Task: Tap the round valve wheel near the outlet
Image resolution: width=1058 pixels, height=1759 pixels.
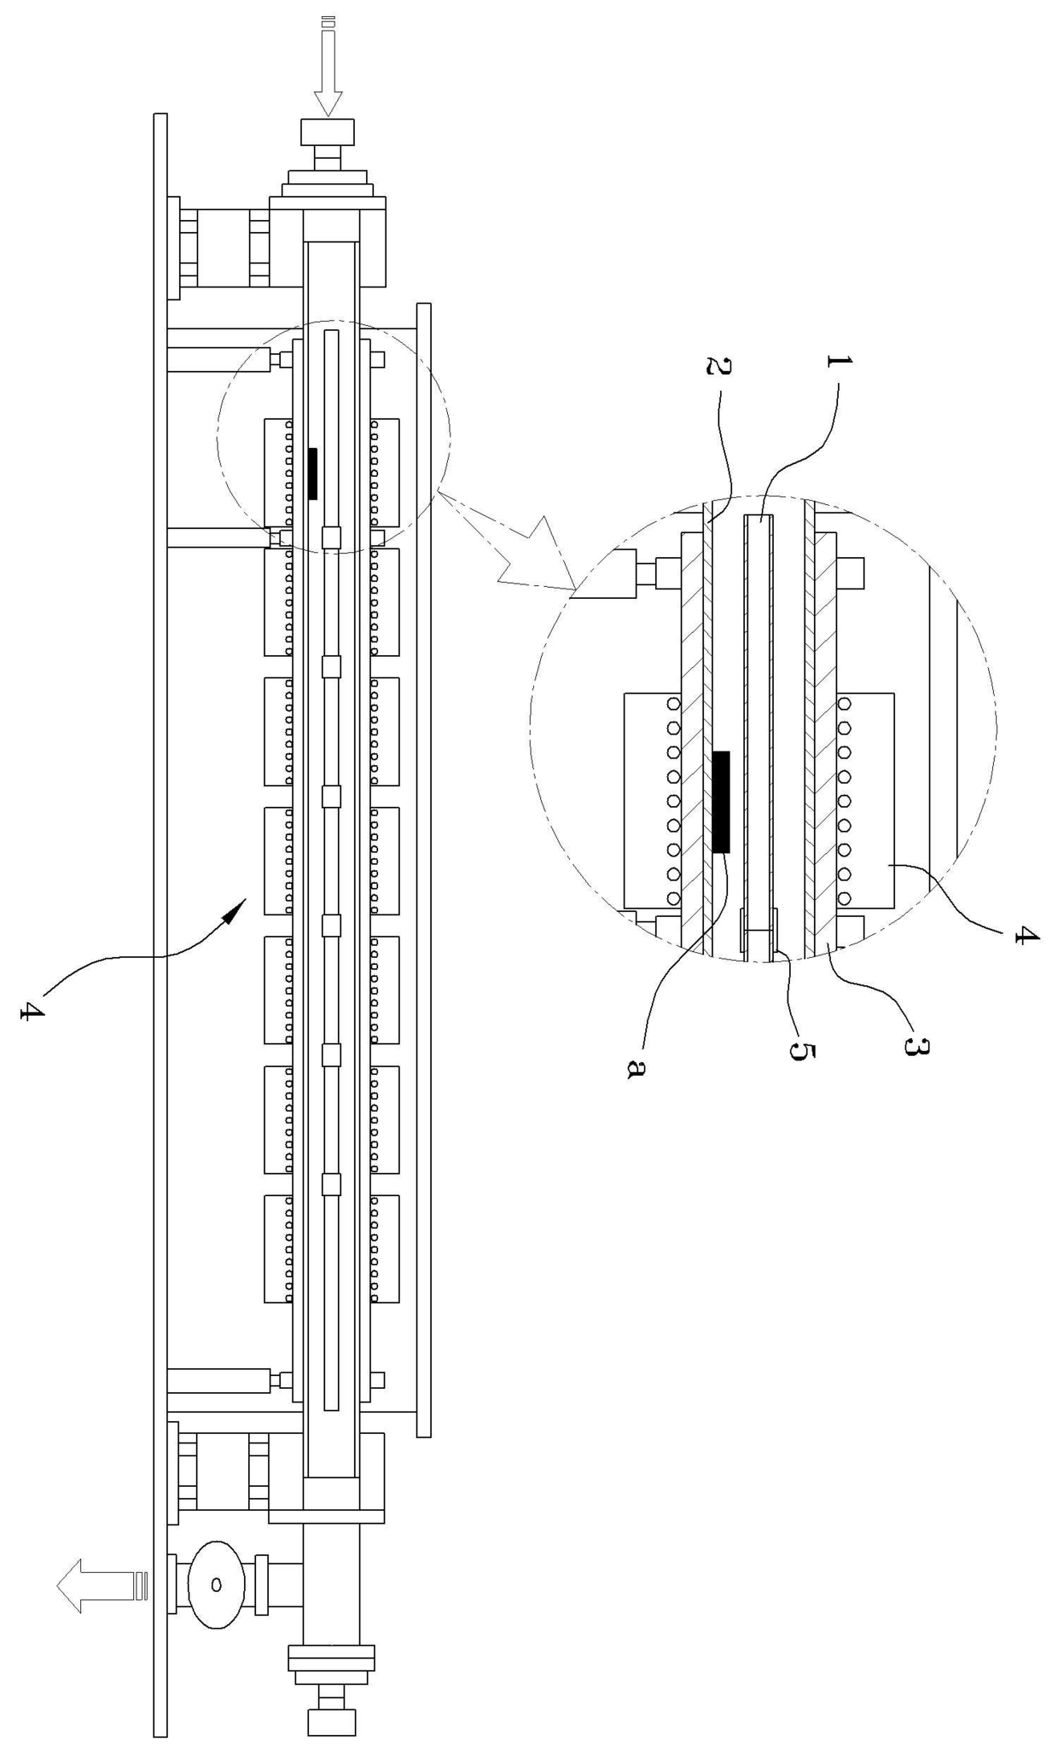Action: tap(216, 1584)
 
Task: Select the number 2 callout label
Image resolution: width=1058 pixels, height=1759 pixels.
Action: tap(719, 368)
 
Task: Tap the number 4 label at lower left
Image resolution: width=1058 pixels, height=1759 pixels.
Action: tap(32, 1012)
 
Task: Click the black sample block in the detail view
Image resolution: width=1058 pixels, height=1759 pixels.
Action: tap(721, 801)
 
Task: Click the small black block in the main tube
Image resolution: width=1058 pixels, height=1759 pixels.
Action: tap(312, 473)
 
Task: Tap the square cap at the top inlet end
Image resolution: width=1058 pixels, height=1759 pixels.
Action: tap(328, 132)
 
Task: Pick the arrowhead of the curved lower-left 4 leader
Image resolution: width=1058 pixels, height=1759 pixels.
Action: tap(237, 909)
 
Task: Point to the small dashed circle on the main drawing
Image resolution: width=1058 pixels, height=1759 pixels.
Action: tap(334, 437)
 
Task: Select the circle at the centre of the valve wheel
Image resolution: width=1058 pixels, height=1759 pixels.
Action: tap(216, 1584)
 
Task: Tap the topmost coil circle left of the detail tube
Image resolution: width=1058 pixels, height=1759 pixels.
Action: tap(673, 705)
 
